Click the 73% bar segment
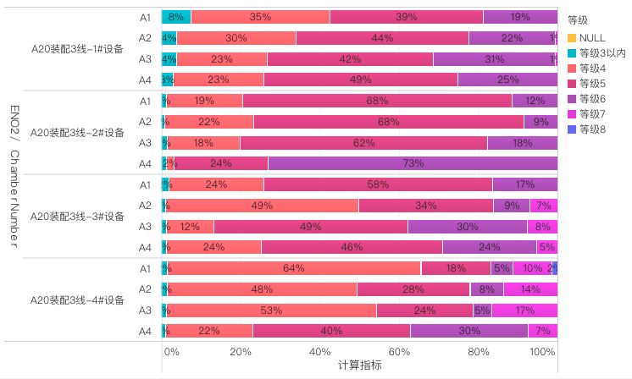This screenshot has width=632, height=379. (413, 163)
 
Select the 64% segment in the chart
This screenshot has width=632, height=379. (293, 268)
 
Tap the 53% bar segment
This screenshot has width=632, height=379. (271, 310)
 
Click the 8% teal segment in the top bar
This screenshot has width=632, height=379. (176, 17)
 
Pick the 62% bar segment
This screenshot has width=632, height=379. (363, 142)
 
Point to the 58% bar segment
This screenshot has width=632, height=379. (378, 184)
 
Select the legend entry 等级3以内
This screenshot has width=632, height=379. (602, 52)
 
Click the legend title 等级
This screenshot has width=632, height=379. (578, 19)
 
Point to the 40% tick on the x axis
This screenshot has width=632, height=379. (320, 352)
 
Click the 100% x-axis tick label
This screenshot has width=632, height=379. (543, 352)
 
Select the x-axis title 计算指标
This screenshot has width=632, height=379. (359, 365)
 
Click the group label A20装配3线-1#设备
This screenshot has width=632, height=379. (76, 48)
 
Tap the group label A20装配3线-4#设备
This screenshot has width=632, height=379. (76, 300)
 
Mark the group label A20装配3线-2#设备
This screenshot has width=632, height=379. (76, 132)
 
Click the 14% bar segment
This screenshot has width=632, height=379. (530, 289)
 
